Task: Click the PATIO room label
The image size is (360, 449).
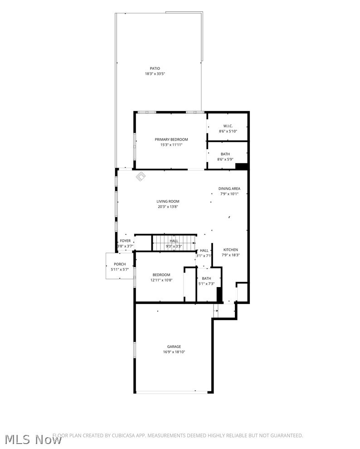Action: pyautogui.click(x=155, y=68)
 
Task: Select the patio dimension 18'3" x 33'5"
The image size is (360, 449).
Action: pyautogui.click(x=155, y=73)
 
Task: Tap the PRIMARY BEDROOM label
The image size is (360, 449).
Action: pyautogui.click(x=171, y=140)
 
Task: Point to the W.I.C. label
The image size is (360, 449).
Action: pyautogui.click(x=228, y=126)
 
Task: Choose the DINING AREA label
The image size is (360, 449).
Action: pyautogui.click(x=229, y=189)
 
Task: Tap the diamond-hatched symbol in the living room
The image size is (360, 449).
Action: pyautogui.click(x=141, y=176)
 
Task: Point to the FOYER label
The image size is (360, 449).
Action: pyautogui.click(x=125, y=241)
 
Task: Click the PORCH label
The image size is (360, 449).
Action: pyautogui.click(x=120, y=264)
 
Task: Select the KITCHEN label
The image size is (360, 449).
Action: pyautogui.click(x=230, y=250)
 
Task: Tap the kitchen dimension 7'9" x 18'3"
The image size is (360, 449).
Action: pyautogui.click(x=230, y=255)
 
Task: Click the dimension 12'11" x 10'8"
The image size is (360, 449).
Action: pyautogui.click(x=161, y=280)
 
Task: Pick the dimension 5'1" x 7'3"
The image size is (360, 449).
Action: pyautogui.click(x=206, y=284)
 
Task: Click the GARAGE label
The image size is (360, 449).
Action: pyautogui.click(x=174, y=347)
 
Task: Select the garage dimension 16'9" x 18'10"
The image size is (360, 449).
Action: pyautogui.click(x=174, y=352)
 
